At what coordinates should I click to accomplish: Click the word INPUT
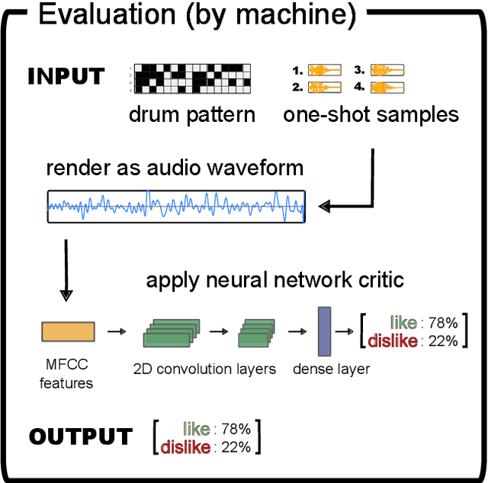(66, 76)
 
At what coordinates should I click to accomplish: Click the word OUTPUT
(80, 437)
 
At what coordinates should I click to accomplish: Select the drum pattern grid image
(192, 78)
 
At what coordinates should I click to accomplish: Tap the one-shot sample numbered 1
(325, 71)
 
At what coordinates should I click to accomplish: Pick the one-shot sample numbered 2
(325, 88)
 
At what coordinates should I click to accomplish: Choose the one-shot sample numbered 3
(387, 71)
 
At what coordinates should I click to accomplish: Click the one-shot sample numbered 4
(387, 88)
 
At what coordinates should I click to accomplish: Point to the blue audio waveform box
(176, 206)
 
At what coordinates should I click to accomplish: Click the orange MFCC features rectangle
(67, 331)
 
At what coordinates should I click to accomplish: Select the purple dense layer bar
(323, 331)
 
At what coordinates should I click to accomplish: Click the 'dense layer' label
(331, 369)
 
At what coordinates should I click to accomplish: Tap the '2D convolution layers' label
(204, 369)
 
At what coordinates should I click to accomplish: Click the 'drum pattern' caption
(192, 115)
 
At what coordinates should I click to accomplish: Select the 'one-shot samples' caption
(371, 115)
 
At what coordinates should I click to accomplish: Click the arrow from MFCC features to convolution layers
(116, 332)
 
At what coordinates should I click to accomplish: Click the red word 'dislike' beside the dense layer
(393, 341)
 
